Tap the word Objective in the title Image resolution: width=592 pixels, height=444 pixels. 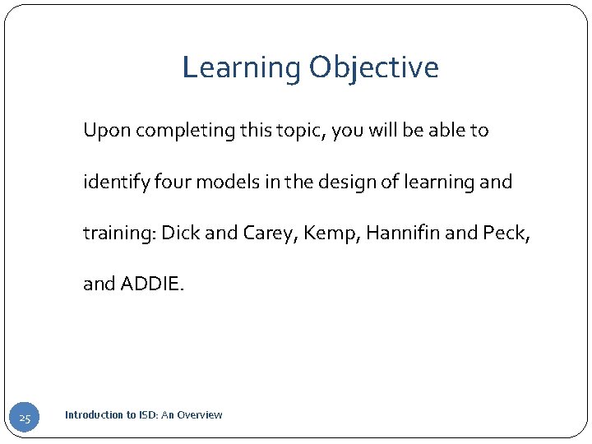point(374,67)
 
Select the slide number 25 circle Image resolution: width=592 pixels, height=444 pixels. point(25,419)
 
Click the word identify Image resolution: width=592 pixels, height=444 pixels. point(111,182)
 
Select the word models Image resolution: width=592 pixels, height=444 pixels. point(213,182)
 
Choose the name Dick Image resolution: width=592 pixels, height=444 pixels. point(180,233)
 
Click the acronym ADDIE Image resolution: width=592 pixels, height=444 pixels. point(153,284)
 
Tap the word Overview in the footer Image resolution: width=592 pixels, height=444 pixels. point(201,415)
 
